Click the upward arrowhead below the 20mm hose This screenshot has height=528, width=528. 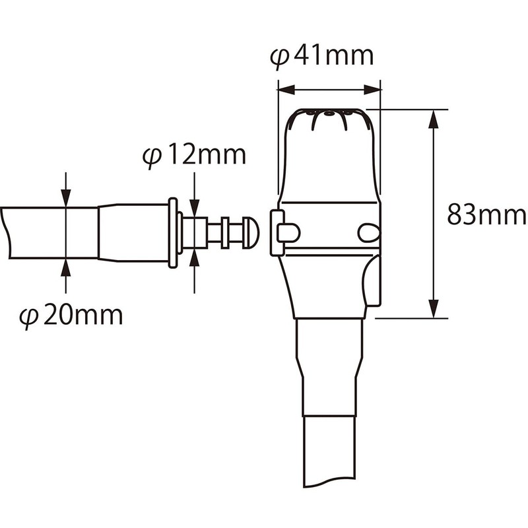(x=66, y=267)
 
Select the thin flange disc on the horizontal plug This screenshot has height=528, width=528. (x=173, y=232)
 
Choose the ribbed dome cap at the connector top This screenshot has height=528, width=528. (x=329, y=119)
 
